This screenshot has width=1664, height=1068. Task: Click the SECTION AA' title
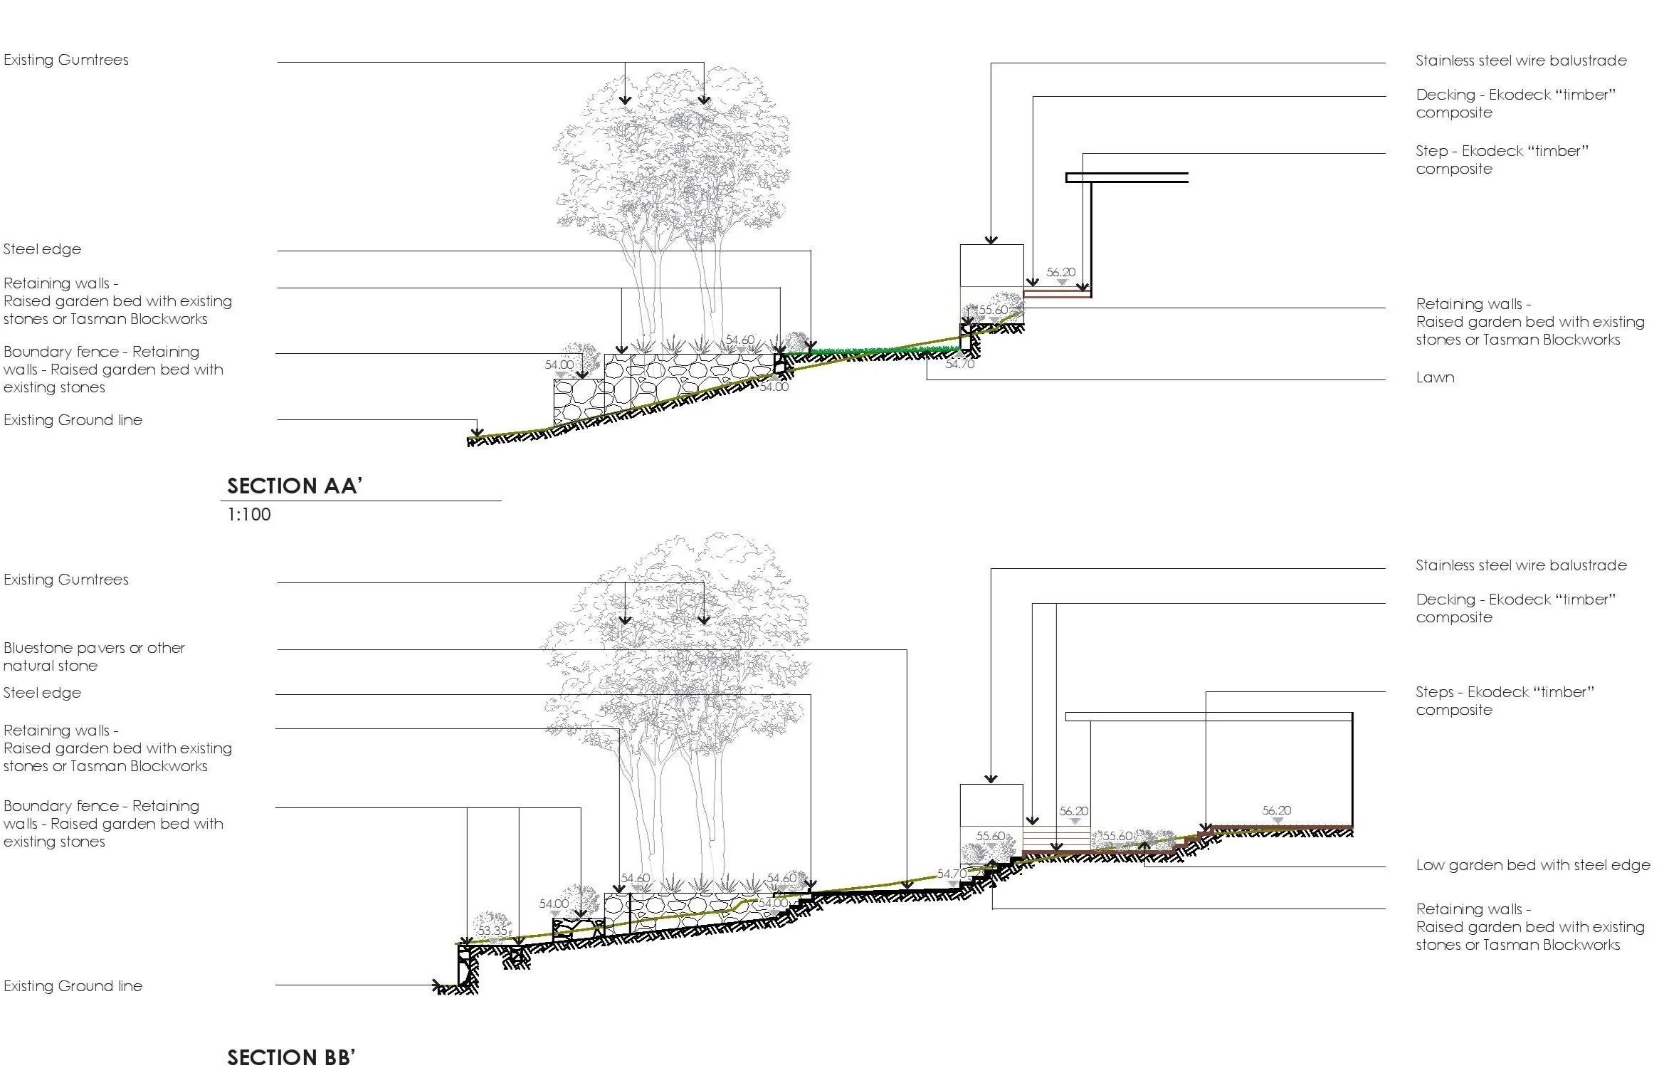[295, 486]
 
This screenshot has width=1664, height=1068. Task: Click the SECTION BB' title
[290, 1057]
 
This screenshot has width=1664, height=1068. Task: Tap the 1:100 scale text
[248, 514]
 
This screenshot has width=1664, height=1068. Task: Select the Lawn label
[1434, 377]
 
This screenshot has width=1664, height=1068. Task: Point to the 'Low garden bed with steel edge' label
[1532, 865]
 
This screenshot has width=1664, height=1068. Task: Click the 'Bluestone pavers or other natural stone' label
[94, 656]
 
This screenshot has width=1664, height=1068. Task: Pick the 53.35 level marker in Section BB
[493, 931]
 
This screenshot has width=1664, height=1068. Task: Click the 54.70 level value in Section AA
[959, 365]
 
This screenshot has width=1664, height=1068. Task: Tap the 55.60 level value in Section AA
[993, 310]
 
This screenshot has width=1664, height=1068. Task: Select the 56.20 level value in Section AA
[1060, 272]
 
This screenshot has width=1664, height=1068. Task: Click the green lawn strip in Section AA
[883, 350]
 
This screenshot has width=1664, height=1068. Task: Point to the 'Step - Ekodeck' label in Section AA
[1502, 159]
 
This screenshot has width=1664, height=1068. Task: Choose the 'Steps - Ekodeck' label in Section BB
[1505, 701]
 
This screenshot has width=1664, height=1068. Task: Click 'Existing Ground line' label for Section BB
[73, 986]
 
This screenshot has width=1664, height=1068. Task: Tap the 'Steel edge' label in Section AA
[42, 249]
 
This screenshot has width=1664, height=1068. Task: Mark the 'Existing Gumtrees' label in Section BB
[66, 580]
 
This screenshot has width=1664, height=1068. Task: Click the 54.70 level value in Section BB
[952, 874]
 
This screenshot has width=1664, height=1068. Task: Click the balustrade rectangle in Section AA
[991, 266]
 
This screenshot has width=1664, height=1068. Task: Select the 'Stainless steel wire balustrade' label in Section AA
[1521, 61]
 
